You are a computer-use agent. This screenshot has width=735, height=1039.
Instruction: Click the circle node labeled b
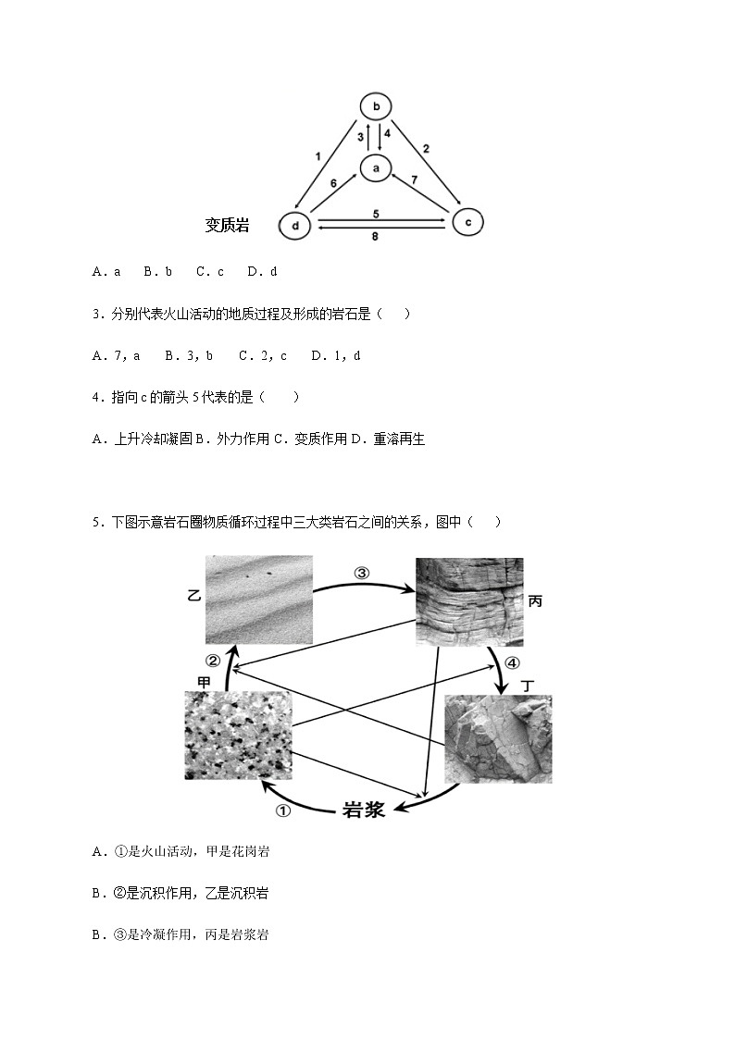click(x=376, y=105)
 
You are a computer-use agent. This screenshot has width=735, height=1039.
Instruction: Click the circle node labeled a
click(x=376, y=168)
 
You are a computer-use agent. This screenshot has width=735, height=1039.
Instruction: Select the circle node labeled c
click(x=468, y=222)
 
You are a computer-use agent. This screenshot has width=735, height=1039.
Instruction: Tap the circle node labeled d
click(x=295, y=226)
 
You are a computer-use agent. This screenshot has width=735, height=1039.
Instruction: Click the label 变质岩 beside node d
click(x=228, y=225)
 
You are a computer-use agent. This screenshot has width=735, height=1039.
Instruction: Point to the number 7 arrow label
click(x=415, y=179)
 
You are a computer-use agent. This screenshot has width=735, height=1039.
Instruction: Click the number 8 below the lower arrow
click(x=376, y=237)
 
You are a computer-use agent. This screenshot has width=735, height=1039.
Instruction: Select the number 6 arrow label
click(x=334, y=184)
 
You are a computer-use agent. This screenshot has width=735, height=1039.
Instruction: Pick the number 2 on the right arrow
click(x=426, y=148)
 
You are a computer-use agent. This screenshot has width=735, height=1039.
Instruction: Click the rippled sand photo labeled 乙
click(x=258, y=600)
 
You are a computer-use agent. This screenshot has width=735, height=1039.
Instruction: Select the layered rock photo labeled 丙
click(x=469, y=601)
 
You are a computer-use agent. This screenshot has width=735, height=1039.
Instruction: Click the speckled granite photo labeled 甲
click(x=238, y=735)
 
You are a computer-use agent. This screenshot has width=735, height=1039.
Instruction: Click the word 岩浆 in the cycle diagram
click(x=364, y=810)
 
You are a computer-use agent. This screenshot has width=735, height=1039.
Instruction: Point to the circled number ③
click(x=362, y=573)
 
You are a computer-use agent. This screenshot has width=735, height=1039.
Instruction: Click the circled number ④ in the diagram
click(x=512, y=663)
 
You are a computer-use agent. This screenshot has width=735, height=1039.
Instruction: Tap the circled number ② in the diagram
click(x=213, y=661)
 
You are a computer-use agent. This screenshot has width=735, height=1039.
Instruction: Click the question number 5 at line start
click(x=96, y=522)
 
